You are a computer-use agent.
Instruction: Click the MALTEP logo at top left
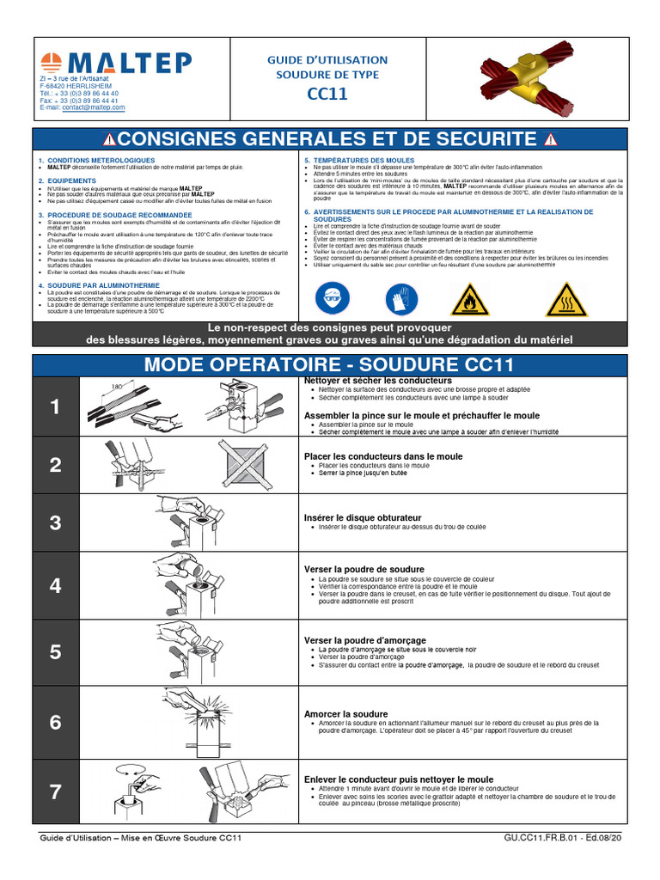[x=116, y=63]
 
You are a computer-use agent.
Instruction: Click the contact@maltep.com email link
[x=93, y=107]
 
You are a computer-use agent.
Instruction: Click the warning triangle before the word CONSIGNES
[x=110, y=140]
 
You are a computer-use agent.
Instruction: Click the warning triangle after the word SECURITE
[x=550, y=140]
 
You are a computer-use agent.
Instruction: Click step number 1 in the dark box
[x=56, y=407]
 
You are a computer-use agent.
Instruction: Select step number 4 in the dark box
[x=56, y=586]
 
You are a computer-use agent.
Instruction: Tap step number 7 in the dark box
[x=56, y=791]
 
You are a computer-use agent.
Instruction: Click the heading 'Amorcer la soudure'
[x=345, y=714]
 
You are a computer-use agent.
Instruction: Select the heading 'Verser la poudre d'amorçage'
[x=364, y=640]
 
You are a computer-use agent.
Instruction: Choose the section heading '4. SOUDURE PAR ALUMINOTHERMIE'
[x=99, y=285]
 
